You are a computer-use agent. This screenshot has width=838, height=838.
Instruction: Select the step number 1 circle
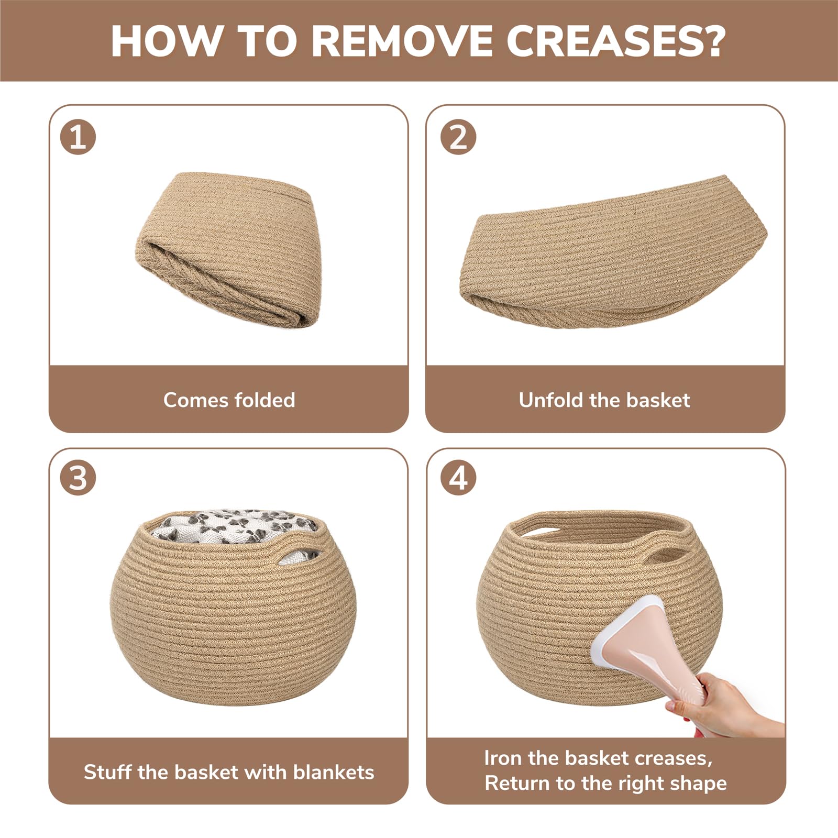[78, 137]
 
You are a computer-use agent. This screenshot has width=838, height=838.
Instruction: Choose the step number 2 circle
[458, 137]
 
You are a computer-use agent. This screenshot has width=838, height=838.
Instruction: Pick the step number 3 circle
[78, 478]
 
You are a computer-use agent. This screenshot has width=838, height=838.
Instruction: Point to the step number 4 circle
[458, 478]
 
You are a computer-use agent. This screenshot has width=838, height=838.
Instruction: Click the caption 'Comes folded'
[229, 400]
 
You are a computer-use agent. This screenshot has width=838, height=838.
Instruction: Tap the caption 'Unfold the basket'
[604, 400]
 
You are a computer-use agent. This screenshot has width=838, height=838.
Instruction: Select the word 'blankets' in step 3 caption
[334, 772]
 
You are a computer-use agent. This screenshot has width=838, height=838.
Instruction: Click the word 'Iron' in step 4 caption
[503, 758]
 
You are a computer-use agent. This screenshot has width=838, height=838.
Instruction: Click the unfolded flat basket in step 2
[613, 253]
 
